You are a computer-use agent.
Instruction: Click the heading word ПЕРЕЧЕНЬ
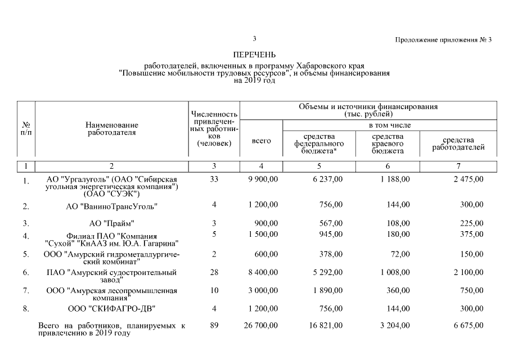click(254, 55)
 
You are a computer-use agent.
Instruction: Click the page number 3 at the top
click(254, 39)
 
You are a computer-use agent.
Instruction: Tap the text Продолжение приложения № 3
click(443, 40)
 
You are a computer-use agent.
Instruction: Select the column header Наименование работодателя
click(112, 128)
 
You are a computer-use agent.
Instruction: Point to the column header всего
click(262, 141)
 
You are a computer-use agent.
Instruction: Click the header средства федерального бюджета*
click(319, 143)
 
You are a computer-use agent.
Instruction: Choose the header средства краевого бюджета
click(388, 143)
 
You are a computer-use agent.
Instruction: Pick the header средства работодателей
click(458, 143)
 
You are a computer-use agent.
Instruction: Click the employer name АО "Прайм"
click(112, 223)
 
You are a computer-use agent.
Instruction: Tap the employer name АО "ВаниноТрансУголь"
click(112, 206)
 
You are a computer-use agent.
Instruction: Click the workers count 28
click(214, 272)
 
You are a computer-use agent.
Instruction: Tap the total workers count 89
click(214, 325)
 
